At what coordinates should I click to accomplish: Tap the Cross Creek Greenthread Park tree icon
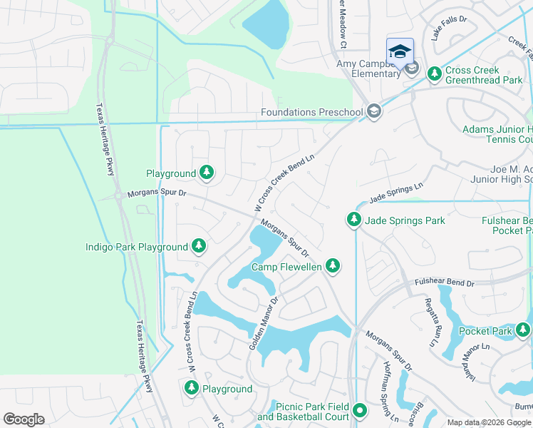click(433, 71)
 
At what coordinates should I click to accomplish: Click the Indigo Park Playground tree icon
click(200, 247)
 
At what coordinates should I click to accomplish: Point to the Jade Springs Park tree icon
click(354, 220)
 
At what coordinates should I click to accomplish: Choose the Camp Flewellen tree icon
click(332, 266)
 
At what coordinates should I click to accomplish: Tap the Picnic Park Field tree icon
click(360, 410)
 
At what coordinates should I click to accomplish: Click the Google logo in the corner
click(24, 419)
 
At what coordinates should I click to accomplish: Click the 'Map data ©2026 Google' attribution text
click(488, 422)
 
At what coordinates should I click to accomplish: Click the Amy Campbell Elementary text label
click(368, 68)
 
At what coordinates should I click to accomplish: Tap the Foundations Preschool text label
click(312, 112)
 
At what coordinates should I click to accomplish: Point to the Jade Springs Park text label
click(405, 220)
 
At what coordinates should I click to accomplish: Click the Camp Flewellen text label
click(287, 267)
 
